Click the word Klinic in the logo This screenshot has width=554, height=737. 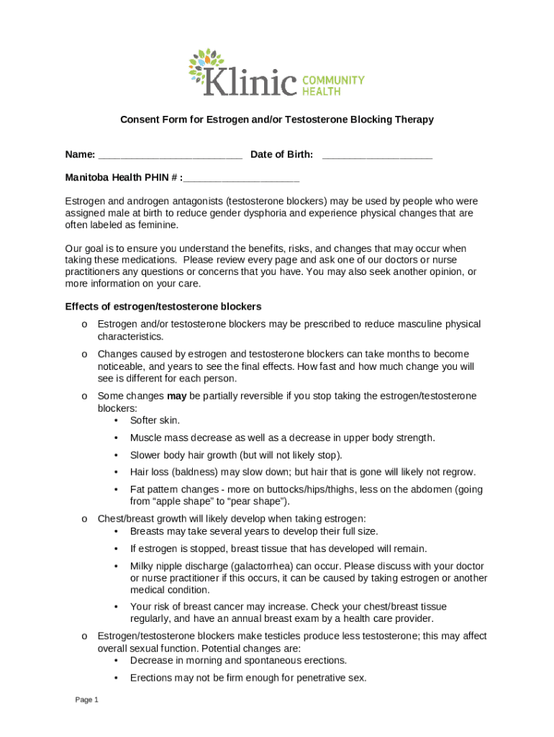pos(250,81)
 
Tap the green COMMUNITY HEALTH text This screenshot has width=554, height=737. pos(332,86)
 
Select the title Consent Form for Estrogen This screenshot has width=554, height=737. pos(276,119)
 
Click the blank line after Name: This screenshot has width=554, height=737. pos(170,155)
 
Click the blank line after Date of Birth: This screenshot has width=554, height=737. pos(377,155)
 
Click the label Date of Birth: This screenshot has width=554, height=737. pos(281,155)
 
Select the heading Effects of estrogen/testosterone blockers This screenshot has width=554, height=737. pos(163,307)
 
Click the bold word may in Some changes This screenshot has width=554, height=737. pos(176,396)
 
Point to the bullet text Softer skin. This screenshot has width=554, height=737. pos(155,420)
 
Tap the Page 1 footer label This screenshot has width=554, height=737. pos(86,700)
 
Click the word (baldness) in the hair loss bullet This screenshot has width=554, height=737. pos(196,472)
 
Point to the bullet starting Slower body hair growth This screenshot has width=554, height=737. pos(236,455)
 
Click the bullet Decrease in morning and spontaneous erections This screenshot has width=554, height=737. pos(238,660)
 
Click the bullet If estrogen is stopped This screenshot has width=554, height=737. pos(278,548)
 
